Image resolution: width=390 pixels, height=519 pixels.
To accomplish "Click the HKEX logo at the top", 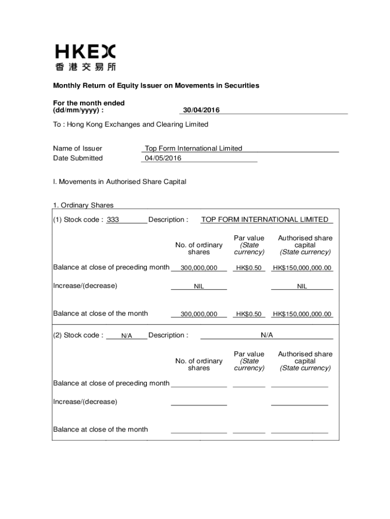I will coord(85,51).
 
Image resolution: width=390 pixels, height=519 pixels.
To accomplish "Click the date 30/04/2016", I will coord(201,110).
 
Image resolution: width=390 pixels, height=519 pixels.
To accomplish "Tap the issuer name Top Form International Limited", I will coord(193,149).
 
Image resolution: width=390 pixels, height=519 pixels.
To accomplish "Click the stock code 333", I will coord(113,220).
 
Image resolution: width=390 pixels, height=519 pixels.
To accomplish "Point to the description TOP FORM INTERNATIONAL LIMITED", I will coord(264,220).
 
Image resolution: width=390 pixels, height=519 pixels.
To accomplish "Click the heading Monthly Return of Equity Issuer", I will coord(157,86).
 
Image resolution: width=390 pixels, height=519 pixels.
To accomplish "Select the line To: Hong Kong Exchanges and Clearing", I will coord(131,124).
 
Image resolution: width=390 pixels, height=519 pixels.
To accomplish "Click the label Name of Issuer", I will coord(77,149).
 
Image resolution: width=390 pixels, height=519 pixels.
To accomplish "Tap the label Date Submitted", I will coord(77,158).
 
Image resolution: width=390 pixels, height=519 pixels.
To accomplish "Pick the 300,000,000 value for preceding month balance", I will coord(199,268).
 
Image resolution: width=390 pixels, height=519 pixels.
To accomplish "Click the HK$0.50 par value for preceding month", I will coord(249,268).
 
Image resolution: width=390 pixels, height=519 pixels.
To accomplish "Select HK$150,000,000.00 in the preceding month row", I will coord(302,268).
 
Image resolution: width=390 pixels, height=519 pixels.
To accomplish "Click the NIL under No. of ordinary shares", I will coord(199,286).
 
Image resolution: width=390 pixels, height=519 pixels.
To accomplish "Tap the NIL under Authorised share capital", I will coord(302,286).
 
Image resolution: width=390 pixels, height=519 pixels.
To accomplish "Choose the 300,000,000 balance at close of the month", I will coord(199,314).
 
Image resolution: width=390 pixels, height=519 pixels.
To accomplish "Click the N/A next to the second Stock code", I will coord(127,336).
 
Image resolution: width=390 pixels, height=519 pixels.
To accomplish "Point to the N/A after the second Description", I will coord(267,335).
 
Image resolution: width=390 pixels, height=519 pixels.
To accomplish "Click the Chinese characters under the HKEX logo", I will coord(85,67).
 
